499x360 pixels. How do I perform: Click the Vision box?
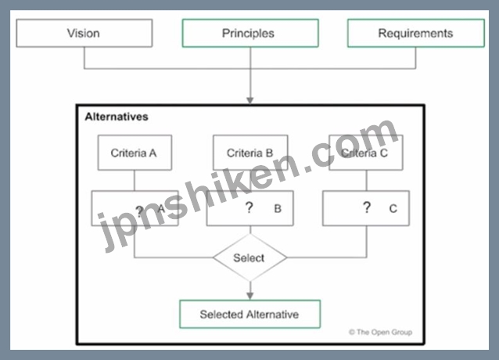tap(84, 33)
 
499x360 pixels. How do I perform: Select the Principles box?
tap(250, 33)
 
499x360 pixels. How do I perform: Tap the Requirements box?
tap(416, 33)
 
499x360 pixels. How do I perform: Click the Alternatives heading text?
tap(117, 117)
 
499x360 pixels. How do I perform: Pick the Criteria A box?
tap(135, 153)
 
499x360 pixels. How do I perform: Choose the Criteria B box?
tap(250, 153)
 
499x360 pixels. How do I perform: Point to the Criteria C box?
tap(366, 153)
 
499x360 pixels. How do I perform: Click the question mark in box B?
tap(249, 207)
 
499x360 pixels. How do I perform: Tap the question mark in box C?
tap(367, 207)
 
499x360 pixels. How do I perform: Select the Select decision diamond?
tap(250, 257)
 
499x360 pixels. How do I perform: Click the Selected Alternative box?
tap(250, 314)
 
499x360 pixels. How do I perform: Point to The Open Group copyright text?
tap(380, 332)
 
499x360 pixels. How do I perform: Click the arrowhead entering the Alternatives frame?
tap(250, 101)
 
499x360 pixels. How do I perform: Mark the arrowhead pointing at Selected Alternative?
tap(250, 296)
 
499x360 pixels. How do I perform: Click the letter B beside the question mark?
tap(278, 208)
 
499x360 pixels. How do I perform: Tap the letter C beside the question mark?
tap(393, 208)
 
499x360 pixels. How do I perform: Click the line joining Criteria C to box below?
tap(367, 181)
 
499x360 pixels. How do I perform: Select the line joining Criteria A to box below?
tap(135, 181)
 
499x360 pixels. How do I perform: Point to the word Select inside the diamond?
tap(249, 257)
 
